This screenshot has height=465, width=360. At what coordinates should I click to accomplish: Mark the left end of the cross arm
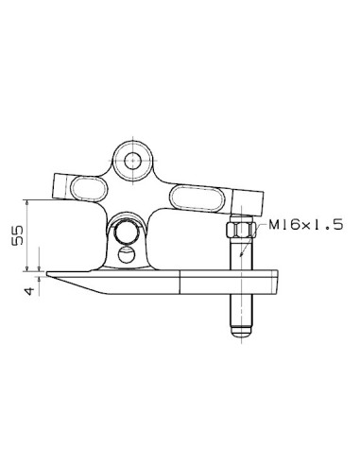click(x=59, y=184)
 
